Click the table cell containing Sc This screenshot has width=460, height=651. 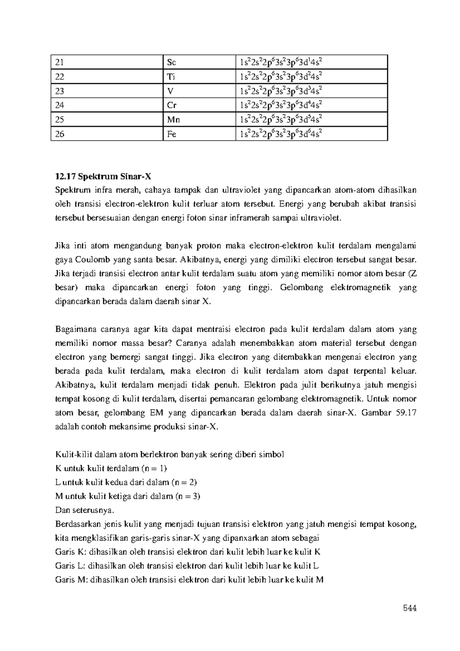click(x=199, y=62)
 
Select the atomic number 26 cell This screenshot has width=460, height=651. click(x=60, y=134)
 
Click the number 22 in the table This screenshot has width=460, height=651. click(x=60, y=77)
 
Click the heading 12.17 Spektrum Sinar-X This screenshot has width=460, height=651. click(x=103, y=176)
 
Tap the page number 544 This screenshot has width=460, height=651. click(x=409, y=608)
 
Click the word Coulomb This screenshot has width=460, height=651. click(x=93, y=260)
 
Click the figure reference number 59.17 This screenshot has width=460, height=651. click(x=405, y=413)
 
